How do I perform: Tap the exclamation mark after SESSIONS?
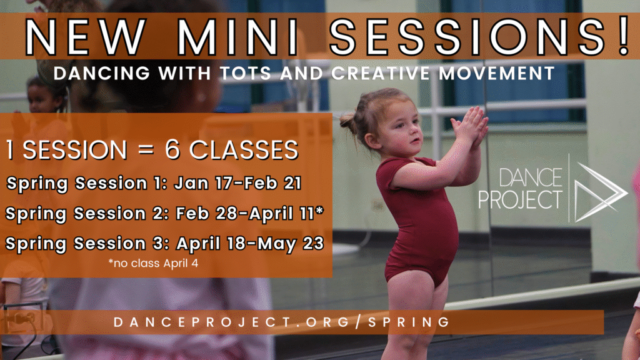coord(623,35)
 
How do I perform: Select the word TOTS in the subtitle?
coord(246,74)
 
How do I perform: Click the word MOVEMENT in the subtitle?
coord(497,74)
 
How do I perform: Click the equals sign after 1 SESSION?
coord(146,150)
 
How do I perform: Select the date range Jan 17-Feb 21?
coord(238,183)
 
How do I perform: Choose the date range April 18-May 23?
coord(250,244)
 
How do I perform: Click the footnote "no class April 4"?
coord(153,263)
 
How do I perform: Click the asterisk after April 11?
coord(319,210)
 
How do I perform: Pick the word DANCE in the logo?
coord(530,178)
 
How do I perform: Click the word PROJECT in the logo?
coord(520,200)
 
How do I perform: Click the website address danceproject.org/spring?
coord(282,322)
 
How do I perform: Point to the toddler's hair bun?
coord(348,120)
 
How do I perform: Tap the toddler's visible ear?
coord(371,141)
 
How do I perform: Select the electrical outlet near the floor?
coord(21,318)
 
